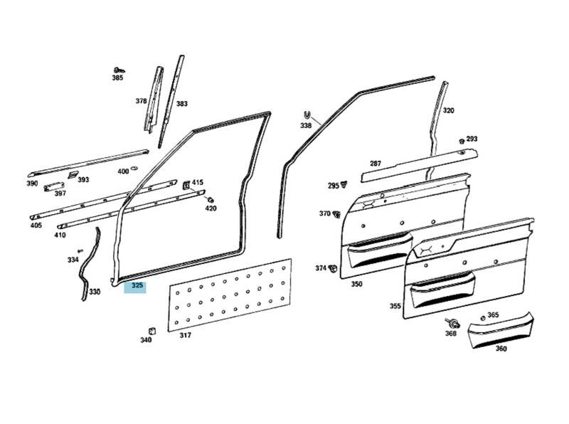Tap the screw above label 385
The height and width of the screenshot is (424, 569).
119,70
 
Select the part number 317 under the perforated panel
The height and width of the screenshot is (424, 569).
185,336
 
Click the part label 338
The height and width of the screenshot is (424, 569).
306,126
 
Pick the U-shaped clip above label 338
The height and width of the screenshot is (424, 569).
307,115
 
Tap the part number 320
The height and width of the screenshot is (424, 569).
448,111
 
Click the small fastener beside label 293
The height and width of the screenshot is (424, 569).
461,140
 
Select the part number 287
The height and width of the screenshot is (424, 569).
376,164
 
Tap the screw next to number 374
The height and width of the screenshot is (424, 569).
333,268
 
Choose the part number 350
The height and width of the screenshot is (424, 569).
356,284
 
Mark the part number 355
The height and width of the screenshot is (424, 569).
395,306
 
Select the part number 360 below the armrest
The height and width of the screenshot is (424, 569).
501,349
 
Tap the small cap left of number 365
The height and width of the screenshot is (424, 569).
482,317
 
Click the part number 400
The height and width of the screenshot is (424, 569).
123,171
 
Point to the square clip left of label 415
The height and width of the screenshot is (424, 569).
186,184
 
